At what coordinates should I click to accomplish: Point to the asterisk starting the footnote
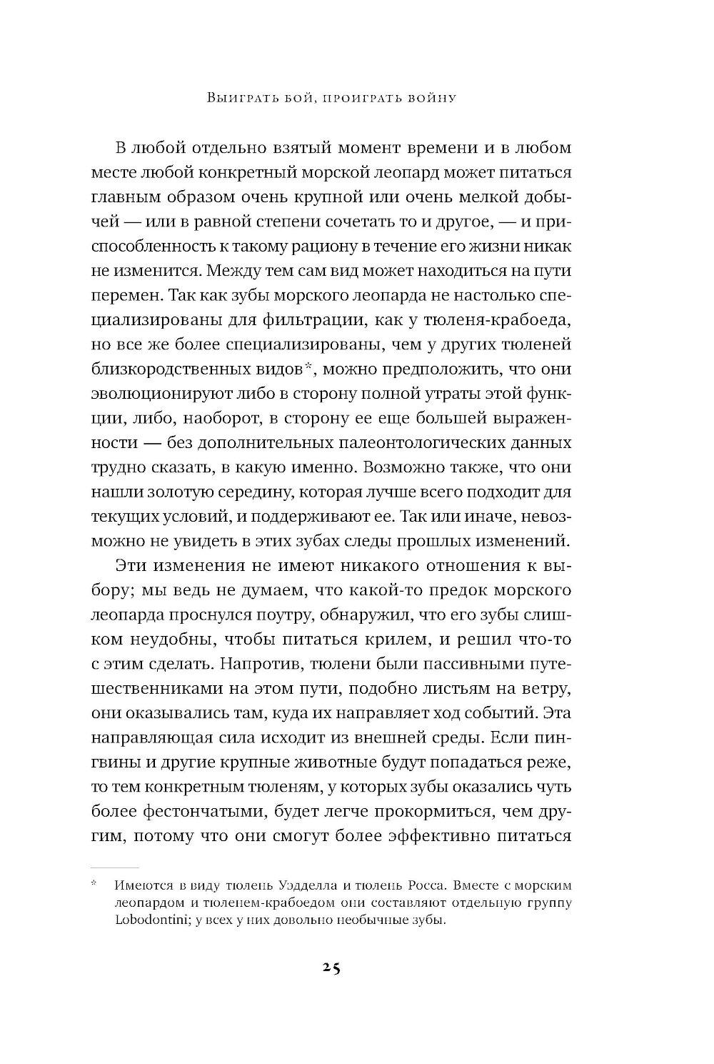pyautogui.click(x=94, y=885)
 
